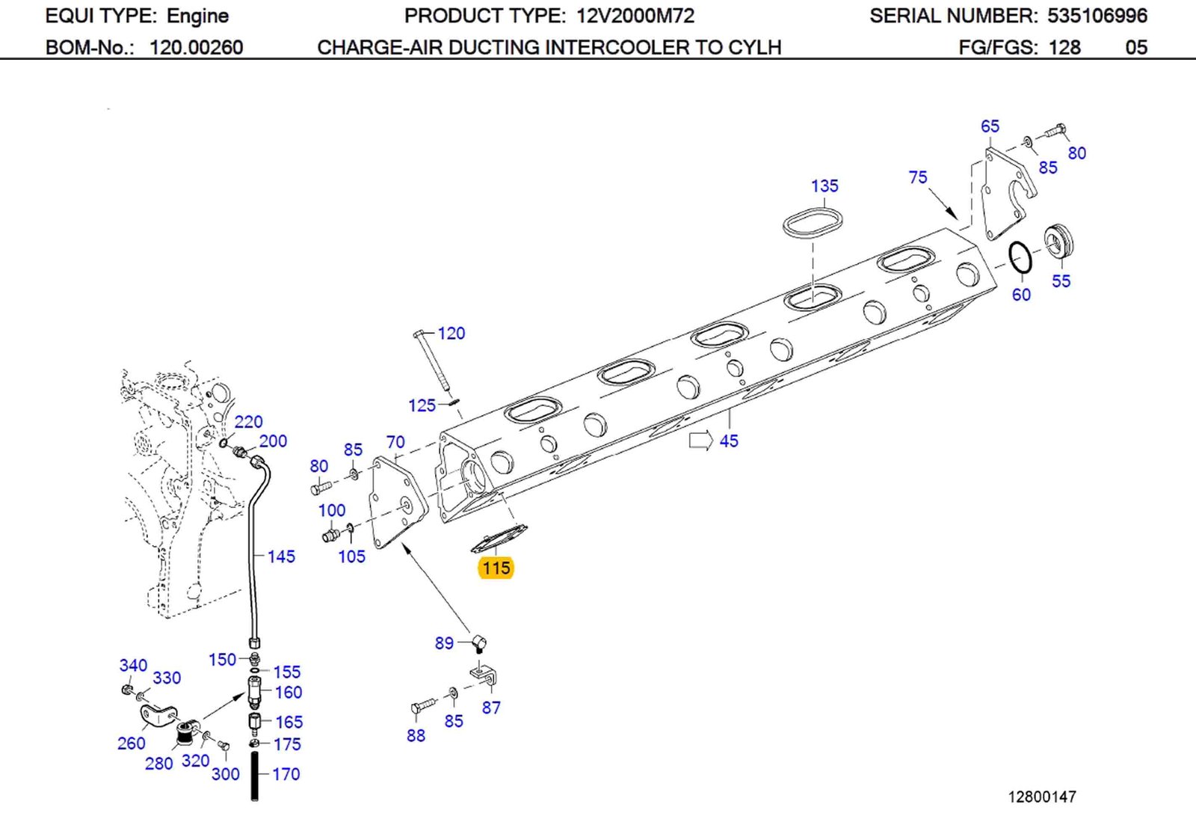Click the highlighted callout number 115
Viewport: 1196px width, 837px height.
click(496, 568)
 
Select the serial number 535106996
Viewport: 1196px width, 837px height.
click(1097, 16)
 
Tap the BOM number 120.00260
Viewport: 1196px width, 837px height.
click(196, 48)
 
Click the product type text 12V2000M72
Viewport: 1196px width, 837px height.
click(635, 16)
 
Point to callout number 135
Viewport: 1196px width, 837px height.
click(824, 186)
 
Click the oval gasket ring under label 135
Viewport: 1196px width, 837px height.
click(813, 223)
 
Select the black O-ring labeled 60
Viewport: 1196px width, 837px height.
click(1020, 258)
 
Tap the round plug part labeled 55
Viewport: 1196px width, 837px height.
click(1058, 241)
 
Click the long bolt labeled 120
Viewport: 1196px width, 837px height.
click(431, 361)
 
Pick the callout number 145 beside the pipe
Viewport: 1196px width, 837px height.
click(281, 557)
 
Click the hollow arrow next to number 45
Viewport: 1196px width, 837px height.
click(700, 441)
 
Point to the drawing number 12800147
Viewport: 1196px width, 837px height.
click(1041, 797)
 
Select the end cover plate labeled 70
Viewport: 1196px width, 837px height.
click(398, 506)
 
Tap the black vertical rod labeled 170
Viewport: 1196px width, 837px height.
click(254, 776)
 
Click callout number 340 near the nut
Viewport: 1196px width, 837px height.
click(133, 665)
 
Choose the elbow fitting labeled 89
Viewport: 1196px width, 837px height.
click(478, 642)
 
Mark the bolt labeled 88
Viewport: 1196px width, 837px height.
click(422, 705)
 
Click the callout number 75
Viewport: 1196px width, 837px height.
click(918, 177)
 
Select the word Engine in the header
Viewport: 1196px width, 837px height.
click(197, 16)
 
